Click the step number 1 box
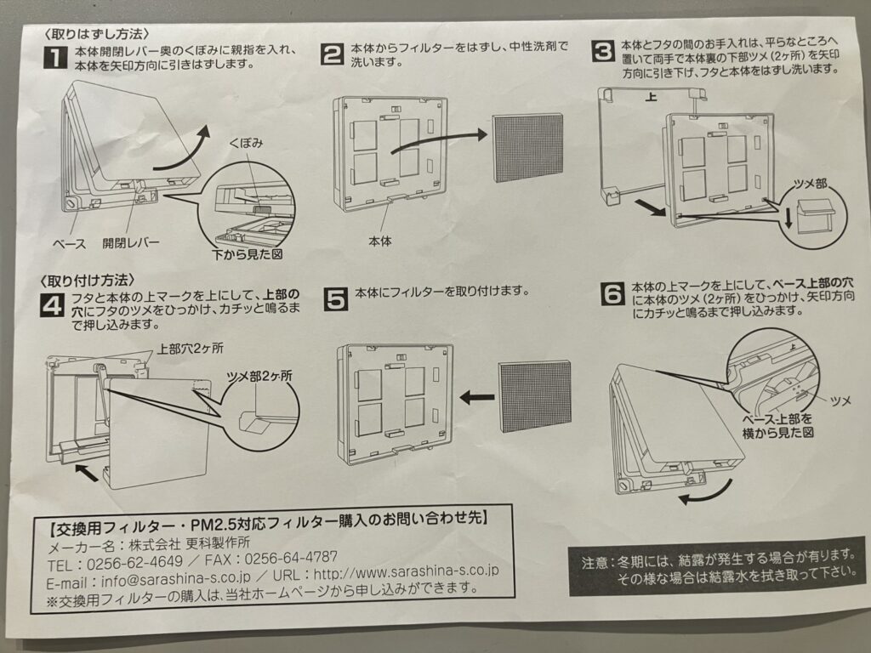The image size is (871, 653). [x=55, y=59]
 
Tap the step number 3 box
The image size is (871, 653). [x=603, y=50]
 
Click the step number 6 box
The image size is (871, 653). [x=613, y=294]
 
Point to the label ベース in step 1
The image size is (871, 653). [x=69, y=243]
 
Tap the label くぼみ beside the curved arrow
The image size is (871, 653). [x=246, y=145]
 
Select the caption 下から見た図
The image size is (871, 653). [x=247, y=254]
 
